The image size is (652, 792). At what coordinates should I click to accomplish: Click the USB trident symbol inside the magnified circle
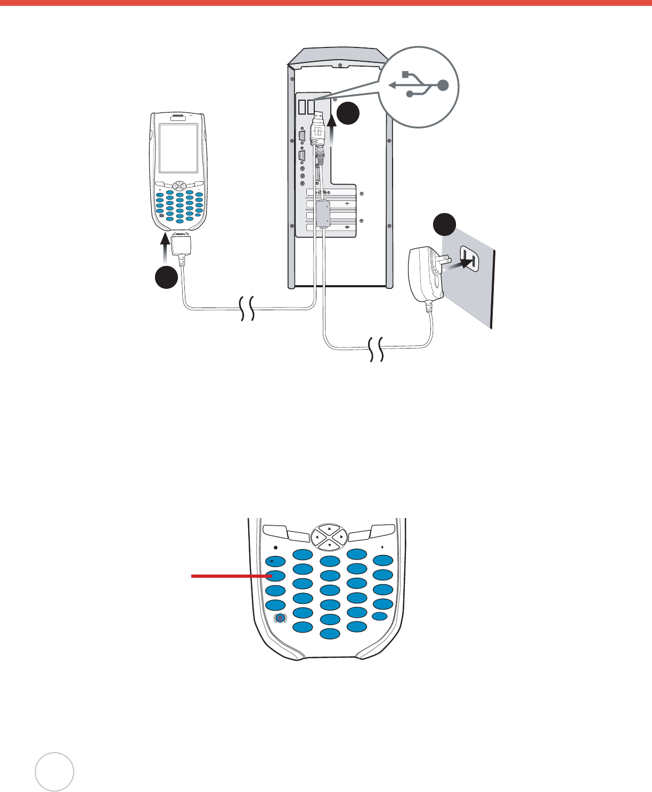click(x=419, y=85)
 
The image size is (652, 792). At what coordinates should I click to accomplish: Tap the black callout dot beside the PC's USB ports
click(x=348, y=114)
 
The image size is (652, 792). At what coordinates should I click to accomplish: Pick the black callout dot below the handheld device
click(x=166, y=277)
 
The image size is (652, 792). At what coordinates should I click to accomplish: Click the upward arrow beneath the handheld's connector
click(x=166, y=250)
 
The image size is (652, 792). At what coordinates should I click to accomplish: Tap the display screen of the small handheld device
click(x=178, y=148)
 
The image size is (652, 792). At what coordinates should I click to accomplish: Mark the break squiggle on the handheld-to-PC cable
click(x=247, y=308)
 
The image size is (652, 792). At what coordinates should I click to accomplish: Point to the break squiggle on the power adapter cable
click(x=377, y=350)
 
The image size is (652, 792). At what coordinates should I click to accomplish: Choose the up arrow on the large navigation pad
click(x=329, y=528)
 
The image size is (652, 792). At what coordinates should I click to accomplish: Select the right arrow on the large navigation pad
click(x=341, y=537)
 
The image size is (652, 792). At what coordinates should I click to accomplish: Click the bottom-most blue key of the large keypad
click(x=330, y=633)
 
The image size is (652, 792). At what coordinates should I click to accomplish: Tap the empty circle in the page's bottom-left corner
click(x=54, y=771)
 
